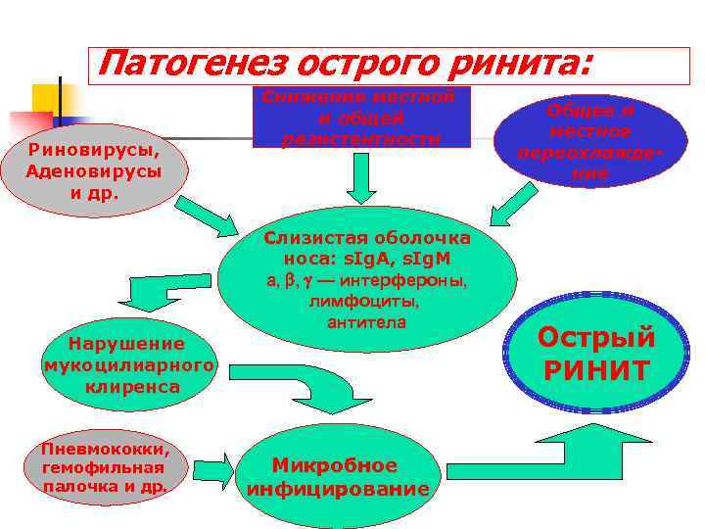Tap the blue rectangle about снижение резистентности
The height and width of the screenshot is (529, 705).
(x=360, y=118)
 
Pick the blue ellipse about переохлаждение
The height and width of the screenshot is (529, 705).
(x=588, y=142)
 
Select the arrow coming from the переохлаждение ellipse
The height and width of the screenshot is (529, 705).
(x=514, y=206)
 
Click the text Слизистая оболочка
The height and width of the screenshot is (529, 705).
(x=367, y=239)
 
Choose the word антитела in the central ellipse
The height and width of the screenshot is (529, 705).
(x=366, y=322)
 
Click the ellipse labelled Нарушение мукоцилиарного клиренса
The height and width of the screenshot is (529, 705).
(x=126, y=365)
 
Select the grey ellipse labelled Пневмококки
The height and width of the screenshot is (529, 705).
(x=105, y=466)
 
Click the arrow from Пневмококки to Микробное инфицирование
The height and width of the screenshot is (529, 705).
(x=212, y=466)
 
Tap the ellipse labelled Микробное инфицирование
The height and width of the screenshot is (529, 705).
(x=338, y=477)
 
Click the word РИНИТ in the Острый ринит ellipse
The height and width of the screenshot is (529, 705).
(x=597, y=370)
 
